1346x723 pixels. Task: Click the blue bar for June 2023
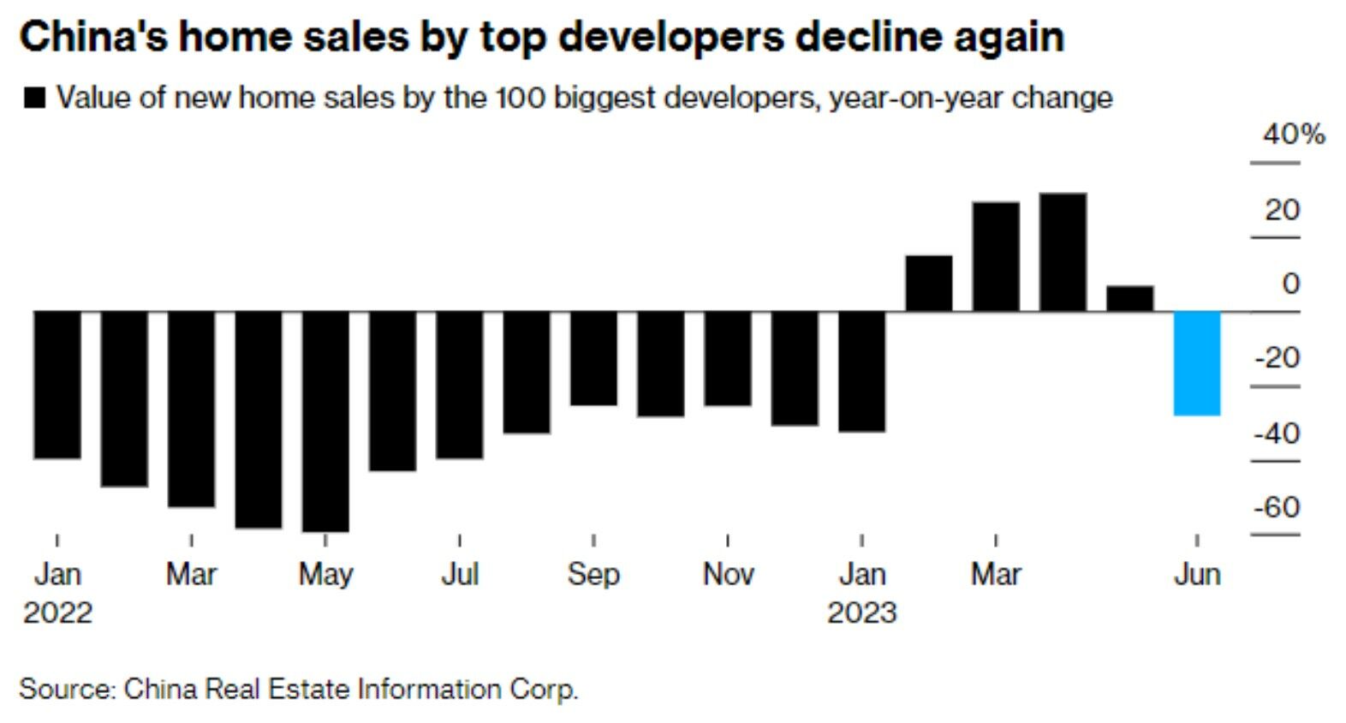1196,363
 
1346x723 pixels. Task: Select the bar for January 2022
57,385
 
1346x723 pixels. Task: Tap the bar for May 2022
325,421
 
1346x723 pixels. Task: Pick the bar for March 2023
996,256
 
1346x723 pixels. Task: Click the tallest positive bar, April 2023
1063,252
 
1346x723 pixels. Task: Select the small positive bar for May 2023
1129,298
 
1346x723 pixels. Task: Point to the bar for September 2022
593,358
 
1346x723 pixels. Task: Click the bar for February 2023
929,283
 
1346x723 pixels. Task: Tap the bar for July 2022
459,385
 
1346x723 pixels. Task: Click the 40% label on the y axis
1292,134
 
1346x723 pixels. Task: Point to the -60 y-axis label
1276,507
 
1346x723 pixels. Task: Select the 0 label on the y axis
1290,284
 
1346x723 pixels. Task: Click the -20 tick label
1276,358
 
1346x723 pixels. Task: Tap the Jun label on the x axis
1196,574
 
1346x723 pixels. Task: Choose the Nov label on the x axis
728,574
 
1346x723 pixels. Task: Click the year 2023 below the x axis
861,613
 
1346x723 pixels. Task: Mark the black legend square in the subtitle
35,99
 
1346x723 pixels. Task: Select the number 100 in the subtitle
519,99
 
